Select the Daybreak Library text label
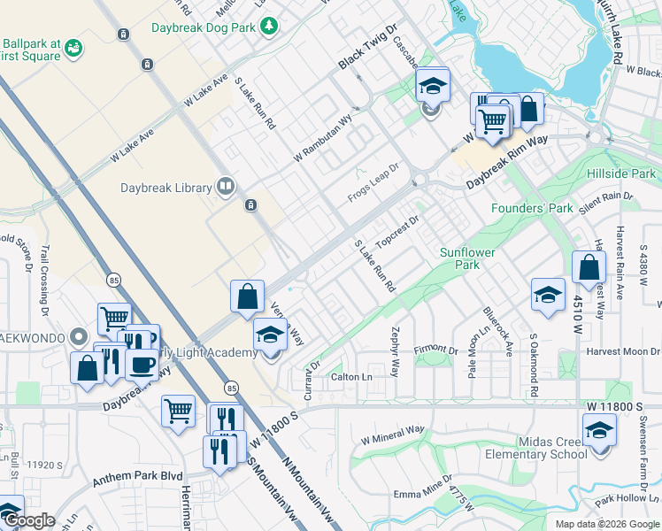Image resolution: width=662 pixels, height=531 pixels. click(x=166, y=187)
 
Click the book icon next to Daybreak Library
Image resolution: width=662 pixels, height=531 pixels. click(x=226, y=187)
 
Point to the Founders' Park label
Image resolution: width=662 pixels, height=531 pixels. click(x=532, y=208)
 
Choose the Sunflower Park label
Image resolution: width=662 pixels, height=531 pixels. click(x=467, y=258)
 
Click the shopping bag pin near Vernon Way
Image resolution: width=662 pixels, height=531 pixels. click(x=248, y=296)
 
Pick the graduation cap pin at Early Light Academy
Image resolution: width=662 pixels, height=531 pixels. click(x=271, y=334)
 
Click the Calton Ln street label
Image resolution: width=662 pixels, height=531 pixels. click(x=351, y=377)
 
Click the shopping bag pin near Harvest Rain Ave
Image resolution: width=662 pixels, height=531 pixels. click(x=589, y=267)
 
